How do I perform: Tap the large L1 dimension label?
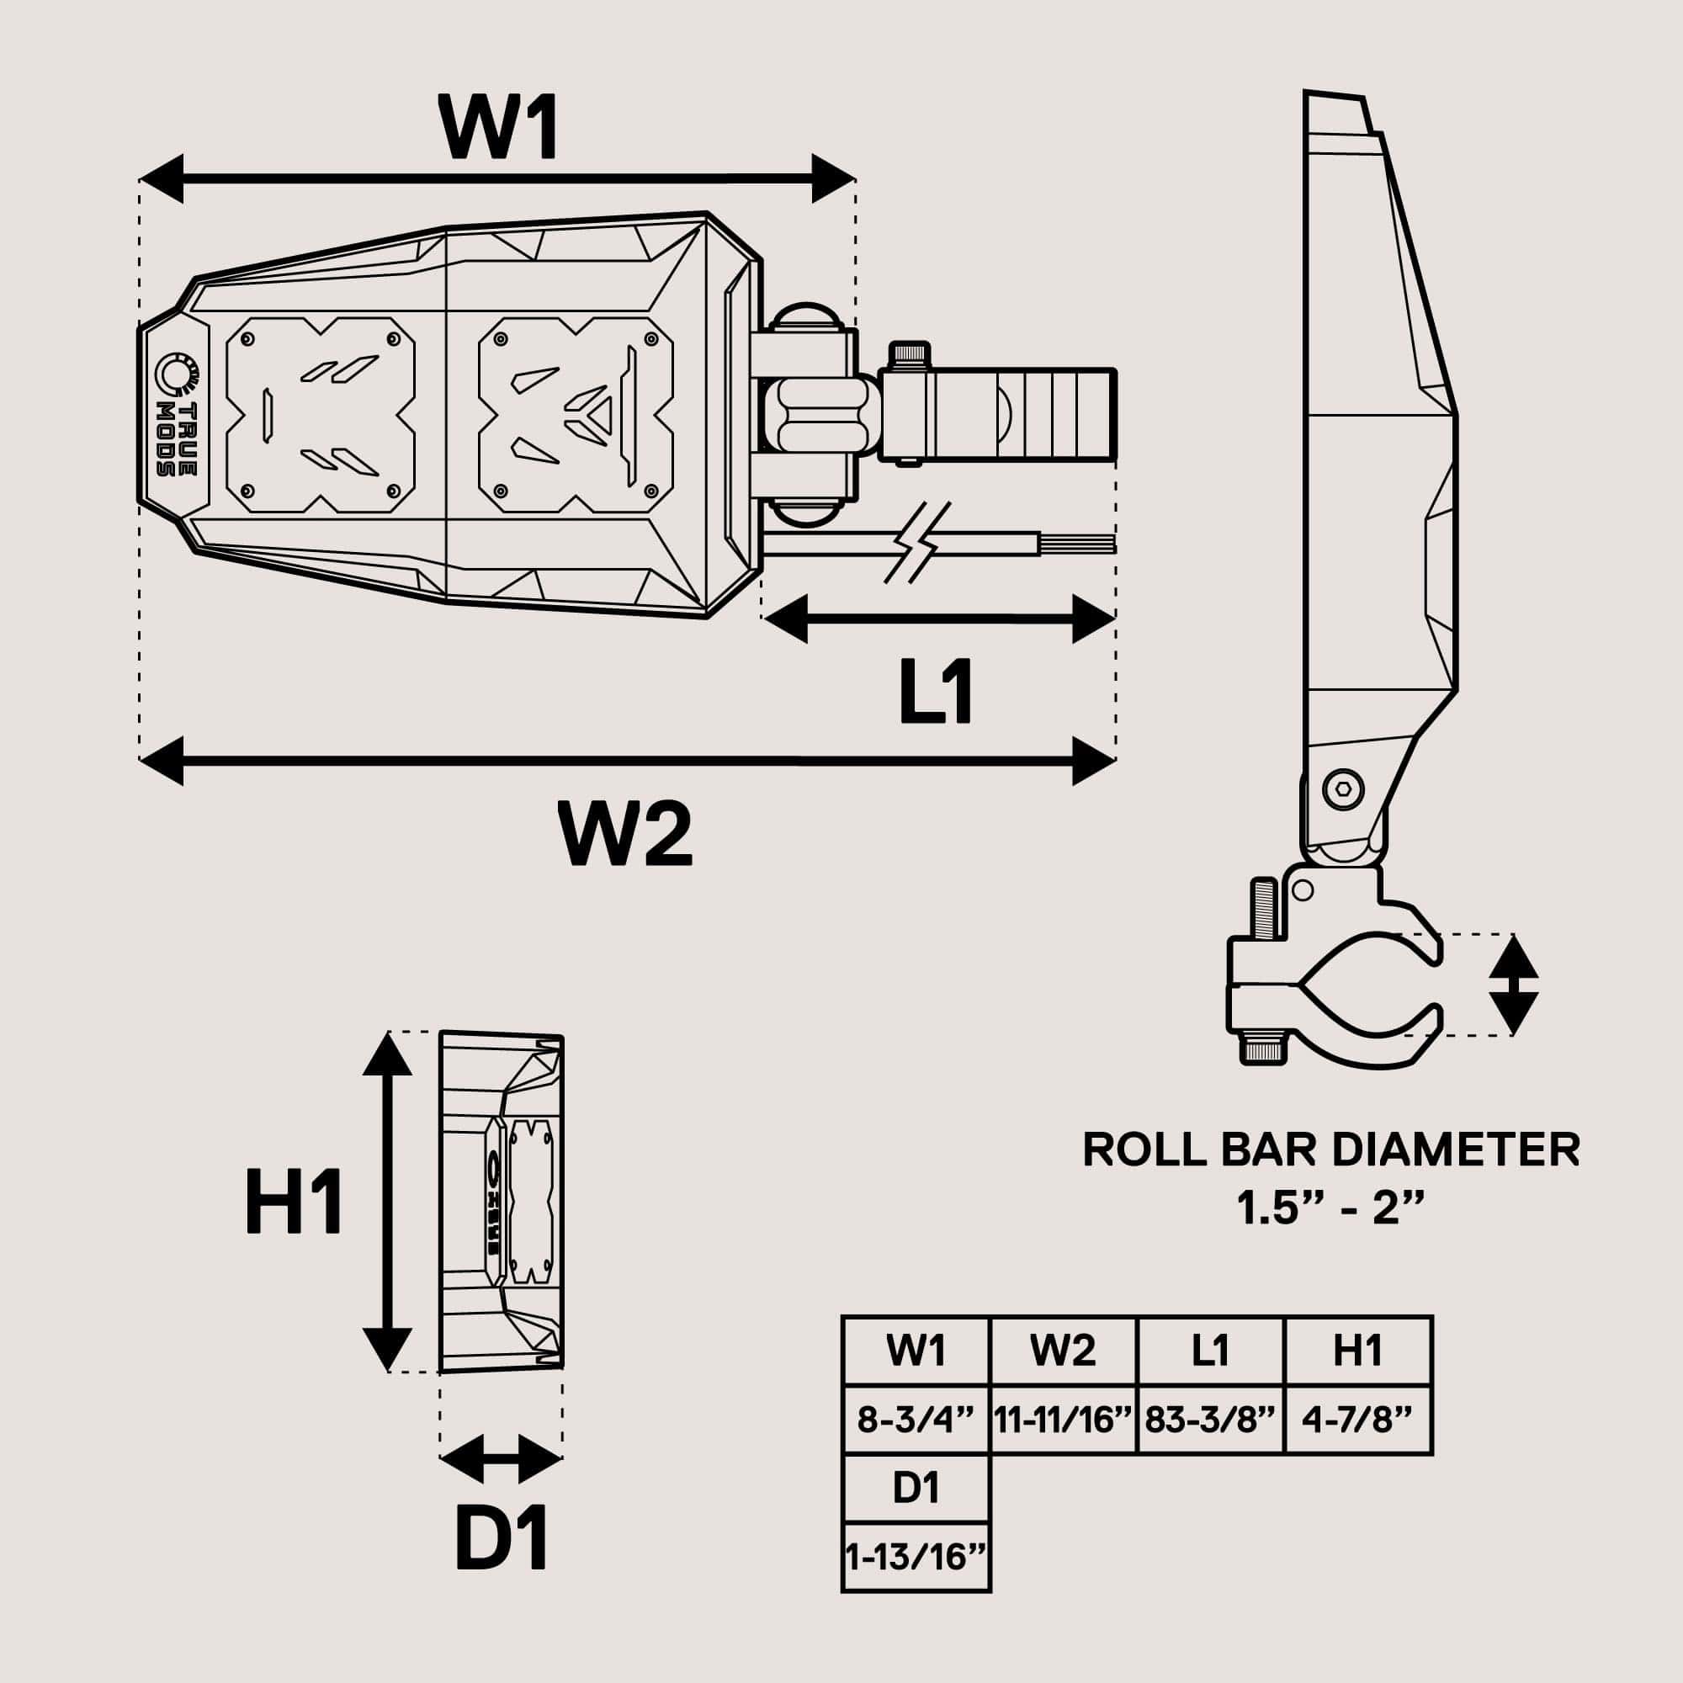click(x=936, y=693)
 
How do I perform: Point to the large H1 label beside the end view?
click(x=294, y=1203)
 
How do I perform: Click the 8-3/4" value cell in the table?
click(x=915, y=1420)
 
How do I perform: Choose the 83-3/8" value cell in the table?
click(x=1210, y=1420)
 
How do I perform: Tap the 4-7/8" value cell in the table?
click(x=1357, y=1420)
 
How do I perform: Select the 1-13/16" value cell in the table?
click(x=916, y=1556)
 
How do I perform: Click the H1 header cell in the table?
click(x=1357, y=1351)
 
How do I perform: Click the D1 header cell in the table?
click(x=916, y=1487)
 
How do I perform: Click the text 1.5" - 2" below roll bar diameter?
click(x=1331, y=1209)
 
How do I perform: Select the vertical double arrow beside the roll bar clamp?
click(x=1514, y=985)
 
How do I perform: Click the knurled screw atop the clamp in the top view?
click(x=909, y=355)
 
